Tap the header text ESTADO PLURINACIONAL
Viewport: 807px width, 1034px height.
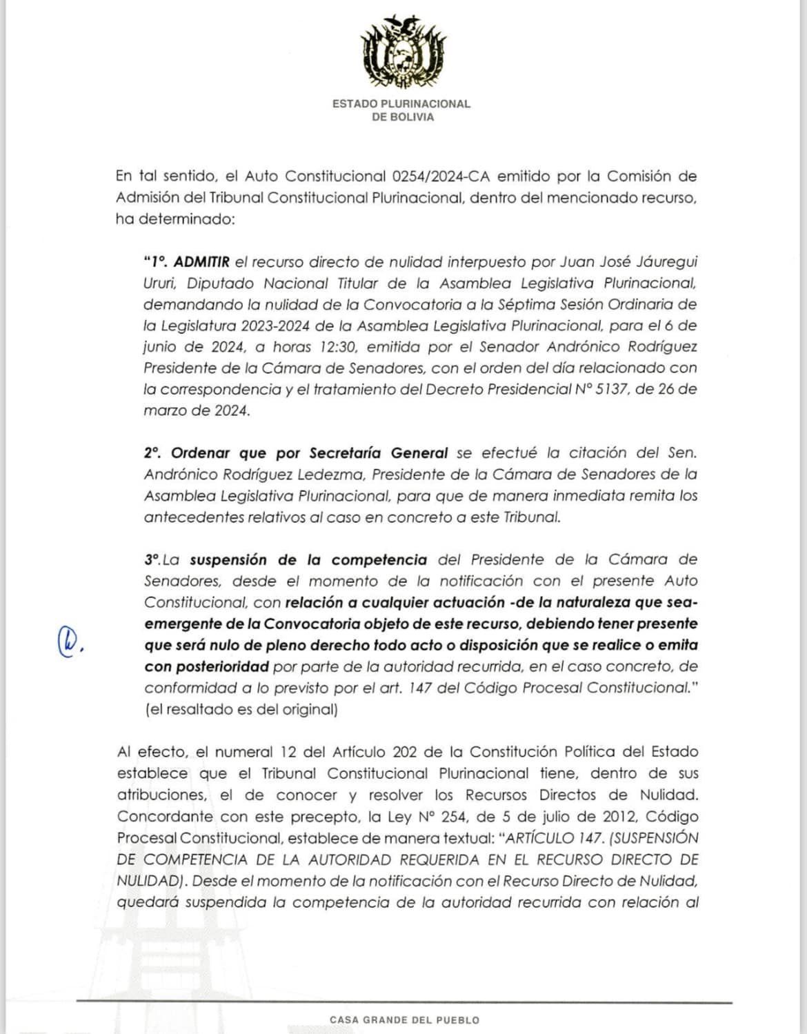(x=401, y=103)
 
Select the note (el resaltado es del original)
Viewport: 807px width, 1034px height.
(x=241, y=709)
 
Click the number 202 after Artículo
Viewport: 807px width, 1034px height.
(x=405, y=752)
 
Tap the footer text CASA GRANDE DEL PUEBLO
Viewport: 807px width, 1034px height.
(x=404, y=1020)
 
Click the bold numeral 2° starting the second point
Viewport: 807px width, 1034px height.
(x=152, y=453)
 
